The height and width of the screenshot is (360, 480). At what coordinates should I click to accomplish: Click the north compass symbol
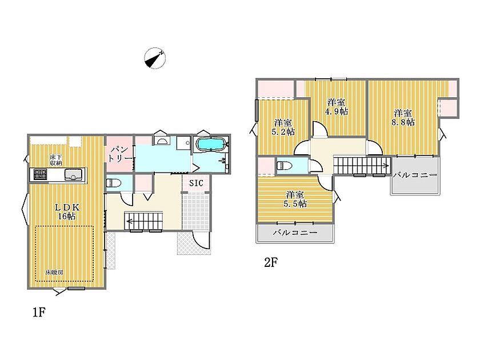155,58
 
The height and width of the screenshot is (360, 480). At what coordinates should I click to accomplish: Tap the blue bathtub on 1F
211,144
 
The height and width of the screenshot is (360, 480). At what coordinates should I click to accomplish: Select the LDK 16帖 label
67,211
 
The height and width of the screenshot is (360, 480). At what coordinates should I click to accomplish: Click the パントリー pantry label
119,154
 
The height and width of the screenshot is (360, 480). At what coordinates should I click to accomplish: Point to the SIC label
196,183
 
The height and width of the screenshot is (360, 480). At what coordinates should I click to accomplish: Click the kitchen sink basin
73,175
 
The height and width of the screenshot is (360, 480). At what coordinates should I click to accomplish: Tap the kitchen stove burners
39,174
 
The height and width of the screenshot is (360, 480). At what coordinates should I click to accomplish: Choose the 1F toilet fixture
114,183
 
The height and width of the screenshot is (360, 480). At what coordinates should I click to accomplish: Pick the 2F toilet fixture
285,166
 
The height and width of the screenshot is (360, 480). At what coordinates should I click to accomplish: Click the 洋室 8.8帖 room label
403,118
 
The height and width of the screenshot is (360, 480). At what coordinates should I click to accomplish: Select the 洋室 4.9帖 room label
336,106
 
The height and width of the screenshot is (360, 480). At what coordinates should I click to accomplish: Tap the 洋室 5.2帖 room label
283,127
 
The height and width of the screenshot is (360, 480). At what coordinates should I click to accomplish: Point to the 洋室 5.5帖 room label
295,199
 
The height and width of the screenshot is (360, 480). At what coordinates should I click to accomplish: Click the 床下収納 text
56,161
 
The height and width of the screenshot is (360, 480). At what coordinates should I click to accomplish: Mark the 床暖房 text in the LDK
54,272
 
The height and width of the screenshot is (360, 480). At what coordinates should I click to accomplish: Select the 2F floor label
271,262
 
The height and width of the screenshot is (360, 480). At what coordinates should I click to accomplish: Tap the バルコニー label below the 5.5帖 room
295,233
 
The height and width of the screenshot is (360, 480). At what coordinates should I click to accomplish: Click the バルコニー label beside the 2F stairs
415,175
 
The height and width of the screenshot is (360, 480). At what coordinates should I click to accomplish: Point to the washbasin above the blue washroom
161,141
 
